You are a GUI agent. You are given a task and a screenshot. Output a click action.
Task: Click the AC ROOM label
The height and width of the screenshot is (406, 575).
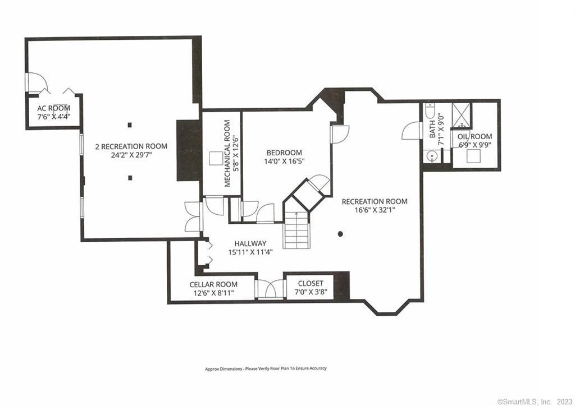53,108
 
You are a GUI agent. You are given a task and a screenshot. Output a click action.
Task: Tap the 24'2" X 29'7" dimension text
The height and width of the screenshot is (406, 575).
131,155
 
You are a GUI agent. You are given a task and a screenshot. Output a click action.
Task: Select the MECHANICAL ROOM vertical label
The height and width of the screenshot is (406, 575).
227,154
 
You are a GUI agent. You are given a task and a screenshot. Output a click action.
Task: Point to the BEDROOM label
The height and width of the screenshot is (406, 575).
284,153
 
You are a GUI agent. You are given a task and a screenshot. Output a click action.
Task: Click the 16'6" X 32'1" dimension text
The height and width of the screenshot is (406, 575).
374,210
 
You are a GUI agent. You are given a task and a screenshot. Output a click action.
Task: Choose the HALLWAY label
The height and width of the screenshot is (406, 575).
250,243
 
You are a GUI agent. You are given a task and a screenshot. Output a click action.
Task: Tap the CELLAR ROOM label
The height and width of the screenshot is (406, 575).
213,284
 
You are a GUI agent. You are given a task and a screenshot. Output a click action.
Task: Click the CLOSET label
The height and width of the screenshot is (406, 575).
311,283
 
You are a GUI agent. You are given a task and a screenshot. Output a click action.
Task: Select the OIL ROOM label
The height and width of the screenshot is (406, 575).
475,137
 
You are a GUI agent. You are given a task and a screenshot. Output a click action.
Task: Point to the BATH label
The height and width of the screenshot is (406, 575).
432,129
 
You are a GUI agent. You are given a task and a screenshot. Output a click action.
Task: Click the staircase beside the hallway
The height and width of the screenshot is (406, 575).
296,230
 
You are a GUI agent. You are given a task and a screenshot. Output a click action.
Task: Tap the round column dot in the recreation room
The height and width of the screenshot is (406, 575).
341,234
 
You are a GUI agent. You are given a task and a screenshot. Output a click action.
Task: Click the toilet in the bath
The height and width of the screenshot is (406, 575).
430,110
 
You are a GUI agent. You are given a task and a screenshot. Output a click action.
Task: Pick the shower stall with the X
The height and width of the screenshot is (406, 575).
461,115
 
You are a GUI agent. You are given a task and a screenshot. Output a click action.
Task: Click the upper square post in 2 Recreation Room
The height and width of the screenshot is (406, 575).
130,125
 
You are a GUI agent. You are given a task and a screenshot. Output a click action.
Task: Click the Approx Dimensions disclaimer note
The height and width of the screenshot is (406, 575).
266,368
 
